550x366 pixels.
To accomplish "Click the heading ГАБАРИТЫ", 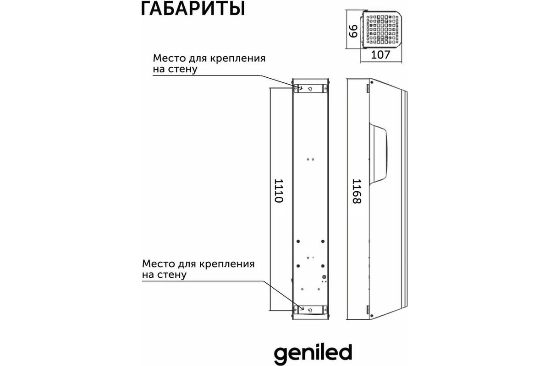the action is (x=193, y=9).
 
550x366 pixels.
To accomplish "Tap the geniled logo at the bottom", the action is (x=313, y=354).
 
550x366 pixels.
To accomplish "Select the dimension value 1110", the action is (x=279, y=191).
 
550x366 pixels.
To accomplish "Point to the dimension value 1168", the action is (x=357, y=191).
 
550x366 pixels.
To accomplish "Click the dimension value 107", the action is (x=380, y=55).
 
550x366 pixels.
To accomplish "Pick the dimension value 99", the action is (x=353, y=31).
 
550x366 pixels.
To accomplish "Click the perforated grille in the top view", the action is (x=383, y=30).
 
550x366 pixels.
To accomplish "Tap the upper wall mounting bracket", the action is (x=310, y=88).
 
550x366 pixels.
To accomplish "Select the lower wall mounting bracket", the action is (x=310, y=310).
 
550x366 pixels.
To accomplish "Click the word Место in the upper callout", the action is (x=170, y=59).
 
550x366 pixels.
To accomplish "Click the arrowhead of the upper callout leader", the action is (x=301, y=88).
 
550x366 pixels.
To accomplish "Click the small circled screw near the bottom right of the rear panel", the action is (x=324, y=277).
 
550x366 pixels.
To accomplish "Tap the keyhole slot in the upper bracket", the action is (x=310, y=89).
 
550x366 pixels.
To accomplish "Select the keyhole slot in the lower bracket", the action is (x=310, y=310).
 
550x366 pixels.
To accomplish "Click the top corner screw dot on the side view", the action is (x=372, y=82).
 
